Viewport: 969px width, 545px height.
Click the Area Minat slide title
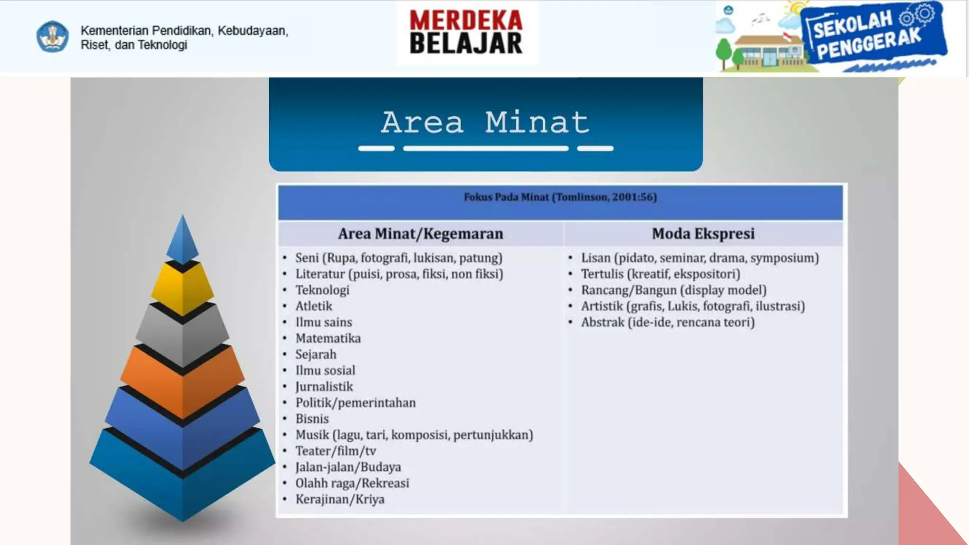[485, 122]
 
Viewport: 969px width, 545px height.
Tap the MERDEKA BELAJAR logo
[466, 32]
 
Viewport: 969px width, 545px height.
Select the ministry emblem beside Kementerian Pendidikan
[53, 37]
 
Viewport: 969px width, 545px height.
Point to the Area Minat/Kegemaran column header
[420, 234]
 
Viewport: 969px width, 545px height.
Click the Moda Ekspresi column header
[703, 234]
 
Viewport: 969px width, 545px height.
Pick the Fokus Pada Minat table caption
[560, 197]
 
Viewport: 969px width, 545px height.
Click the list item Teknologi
[322, 290]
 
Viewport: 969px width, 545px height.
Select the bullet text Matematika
[328, 338]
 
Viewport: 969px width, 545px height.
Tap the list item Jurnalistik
[324, 387]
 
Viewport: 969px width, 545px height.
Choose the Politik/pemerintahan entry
[355, 403]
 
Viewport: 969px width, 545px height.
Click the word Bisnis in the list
[312, 419]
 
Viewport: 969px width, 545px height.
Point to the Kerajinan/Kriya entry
[340, 499]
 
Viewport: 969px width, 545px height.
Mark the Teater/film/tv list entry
[335, 451]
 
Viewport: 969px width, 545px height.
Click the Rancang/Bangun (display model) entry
[674, 290]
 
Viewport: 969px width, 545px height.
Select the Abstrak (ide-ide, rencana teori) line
[668, 322]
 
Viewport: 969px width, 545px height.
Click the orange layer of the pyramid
[183, 381]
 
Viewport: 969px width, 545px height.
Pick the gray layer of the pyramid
[183, 334]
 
